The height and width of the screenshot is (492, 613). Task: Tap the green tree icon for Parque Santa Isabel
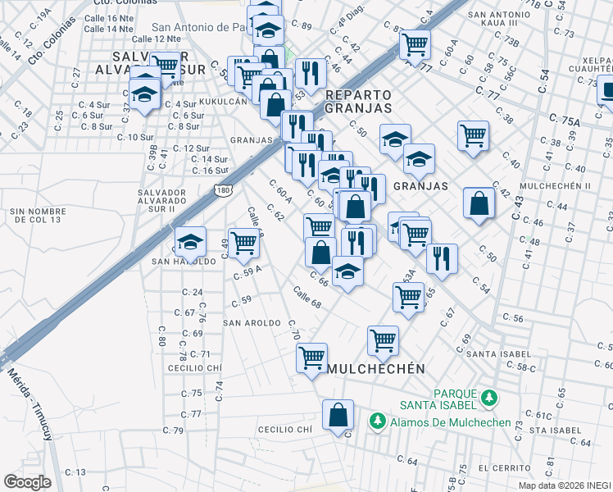(489, 398)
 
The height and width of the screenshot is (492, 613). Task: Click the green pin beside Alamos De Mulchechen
(377, 421)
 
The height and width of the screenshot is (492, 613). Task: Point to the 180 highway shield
(223, 190)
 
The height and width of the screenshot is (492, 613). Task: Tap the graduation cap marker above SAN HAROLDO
(190, 240)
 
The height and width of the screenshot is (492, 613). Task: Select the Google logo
(26, 482)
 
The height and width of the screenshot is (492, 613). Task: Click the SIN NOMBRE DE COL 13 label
(37, 216)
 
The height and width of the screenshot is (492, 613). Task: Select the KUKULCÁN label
(222, 101)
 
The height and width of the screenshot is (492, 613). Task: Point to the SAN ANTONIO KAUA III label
(505, 20)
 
